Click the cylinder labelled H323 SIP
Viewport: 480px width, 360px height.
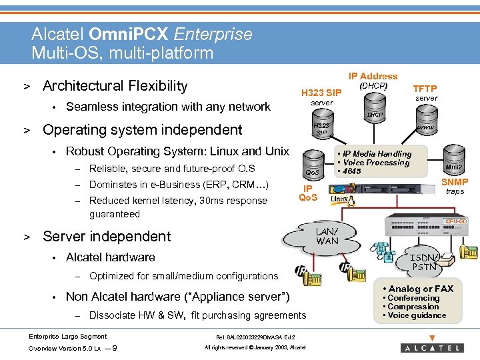pos(322,129)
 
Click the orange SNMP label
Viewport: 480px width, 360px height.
pos(455,182)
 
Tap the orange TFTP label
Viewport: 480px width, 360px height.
pos(425,89)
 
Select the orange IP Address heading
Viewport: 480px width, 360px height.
pos(373,76)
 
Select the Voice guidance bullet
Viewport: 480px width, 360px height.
pos(417,315)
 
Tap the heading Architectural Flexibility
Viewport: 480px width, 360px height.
pos(115,86)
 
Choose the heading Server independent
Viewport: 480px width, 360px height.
pos(107,236)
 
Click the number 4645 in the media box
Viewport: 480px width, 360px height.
pos(352,171)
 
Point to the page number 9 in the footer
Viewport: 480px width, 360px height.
pos(116,348)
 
